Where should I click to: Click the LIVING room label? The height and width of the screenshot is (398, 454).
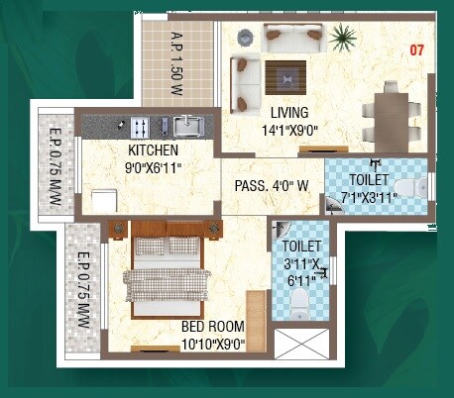coord(288,112)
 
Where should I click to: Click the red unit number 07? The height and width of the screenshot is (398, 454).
coord(416,50)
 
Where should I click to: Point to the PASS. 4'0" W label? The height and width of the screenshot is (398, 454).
coord(272,185)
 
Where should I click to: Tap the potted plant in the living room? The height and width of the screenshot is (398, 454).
coord(343,40)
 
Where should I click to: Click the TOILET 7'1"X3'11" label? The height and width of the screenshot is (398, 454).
coord(369,188)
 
